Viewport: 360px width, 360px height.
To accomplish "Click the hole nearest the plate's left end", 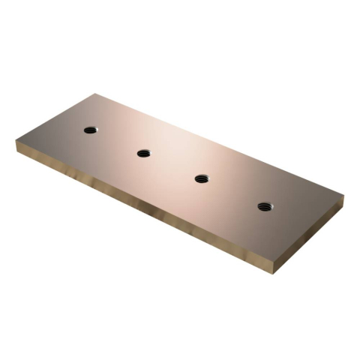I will (x=90, y=130).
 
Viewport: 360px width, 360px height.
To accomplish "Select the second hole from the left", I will (x=143, y=153).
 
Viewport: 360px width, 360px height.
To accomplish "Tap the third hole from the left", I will (x=202, y=178).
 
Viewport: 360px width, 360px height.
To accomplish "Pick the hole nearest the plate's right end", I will (x=264, y=206).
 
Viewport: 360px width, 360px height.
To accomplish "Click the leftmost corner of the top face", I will (x=16, y=140).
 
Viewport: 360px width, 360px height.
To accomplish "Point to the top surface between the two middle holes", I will (x=172, y=166).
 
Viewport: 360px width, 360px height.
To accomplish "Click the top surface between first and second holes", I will (x=116, y=141).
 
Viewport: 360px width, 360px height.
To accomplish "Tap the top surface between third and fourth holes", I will (x=232, y=192).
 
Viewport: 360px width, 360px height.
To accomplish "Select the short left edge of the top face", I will (x=57, y=117).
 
